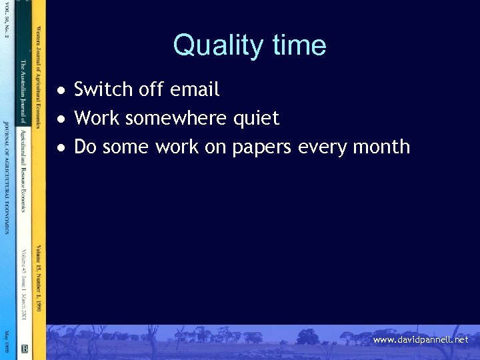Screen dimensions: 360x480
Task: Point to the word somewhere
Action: click(x=176, y=119)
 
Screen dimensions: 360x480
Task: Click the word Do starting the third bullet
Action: click(x=85, y=147)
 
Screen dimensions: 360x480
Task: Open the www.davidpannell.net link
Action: click(x=421, y=340)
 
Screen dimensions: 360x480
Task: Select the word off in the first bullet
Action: click(x=150, y=89)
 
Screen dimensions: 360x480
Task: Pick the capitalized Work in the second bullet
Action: click(x=97, y=119)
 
